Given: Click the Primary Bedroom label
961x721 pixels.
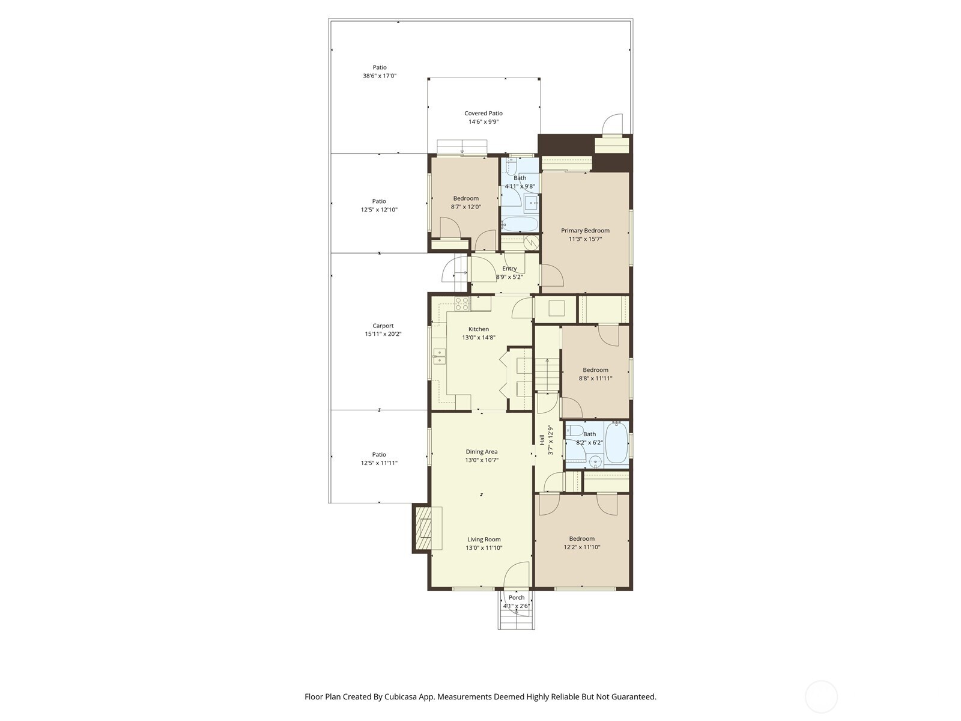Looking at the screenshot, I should point(585,230).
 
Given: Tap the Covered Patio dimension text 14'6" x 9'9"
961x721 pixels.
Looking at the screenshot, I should point(484,121).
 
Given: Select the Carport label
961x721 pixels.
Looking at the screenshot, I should point(383,326).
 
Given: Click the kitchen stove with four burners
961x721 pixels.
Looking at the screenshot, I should point(462,304).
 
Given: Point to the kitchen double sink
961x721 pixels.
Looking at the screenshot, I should point(439,356).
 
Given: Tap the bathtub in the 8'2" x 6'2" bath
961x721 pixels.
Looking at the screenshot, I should point(616,443).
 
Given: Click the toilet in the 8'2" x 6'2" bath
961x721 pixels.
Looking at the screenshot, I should point(574,430).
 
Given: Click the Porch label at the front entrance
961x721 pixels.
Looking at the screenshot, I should point(517,597).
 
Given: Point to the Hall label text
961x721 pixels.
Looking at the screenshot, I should point(542,440).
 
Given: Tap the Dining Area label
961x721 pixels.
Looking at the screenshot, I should point(482,452).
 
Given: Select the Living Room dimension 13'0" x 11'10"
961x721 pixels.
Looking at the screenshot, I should point(484,548).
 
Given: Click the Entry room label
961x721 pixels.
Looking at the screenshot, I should point(509,269).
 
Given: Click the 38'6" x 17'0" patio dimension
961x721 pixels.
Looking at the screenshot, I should point(380,76).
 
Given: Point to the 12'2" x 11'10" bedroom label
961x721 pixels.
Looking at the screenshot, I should point(581,538).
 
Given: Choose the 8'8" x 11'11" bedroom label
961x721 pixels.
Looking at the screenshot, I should point(595,370).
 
